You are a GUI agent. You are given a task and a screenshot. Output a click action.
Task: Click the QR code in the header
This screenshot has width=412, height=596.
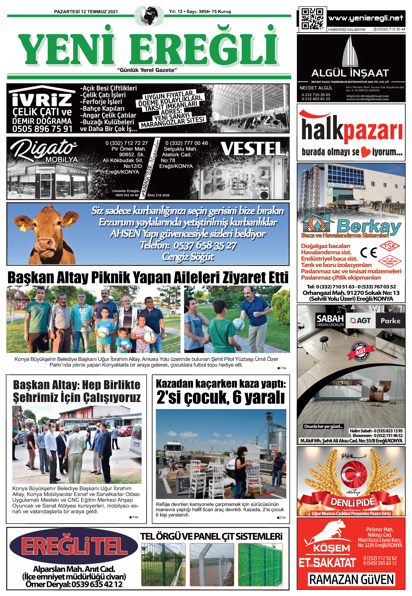coord(312,19)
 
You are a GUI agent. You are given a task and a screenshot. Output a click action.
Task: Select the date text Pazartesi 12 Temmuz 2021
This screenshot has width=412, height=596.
coord(86,12)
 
